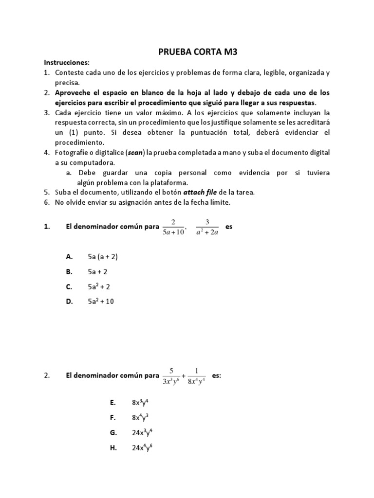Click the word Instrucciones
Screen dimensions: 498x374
67,63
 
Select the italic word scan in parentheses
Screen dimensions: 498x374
137,153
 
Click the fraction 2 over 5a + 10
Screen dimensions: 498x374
173,227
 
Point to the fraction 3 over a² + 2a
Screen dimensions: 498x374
207,227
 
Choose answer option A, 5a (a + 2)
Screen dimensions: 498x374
103,256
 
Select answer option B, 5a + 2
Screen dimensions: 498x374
97,271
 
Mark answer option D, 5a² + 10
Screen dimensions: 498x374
101,302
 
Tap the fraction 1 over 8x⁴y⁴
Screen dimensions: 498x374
196,376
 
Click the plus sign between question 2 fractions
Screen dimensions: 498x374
184,376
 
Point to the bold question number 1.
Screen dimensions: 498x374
46,227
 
